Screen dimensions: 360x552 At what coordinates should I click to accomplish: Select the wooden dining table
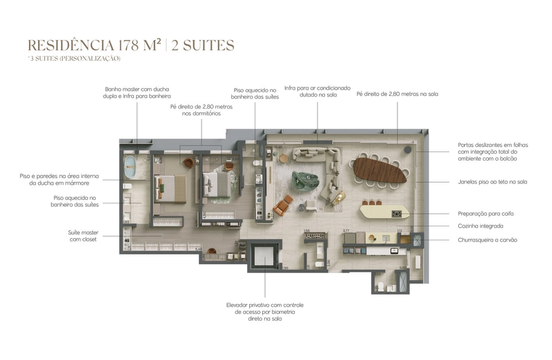tap(379, 170)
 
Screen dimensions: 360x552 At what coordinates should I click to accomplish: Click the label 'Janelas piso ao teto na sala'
tap(492, 182)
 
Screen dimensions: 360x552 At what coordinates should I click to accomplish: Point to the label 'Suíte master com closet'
tap(83, 236)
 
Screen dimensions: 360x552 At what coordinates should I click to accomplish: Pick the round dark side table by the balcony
tap(408, 149)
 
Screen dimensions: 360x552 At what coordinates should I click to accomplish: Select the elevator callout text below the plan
tap(266, 312)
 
